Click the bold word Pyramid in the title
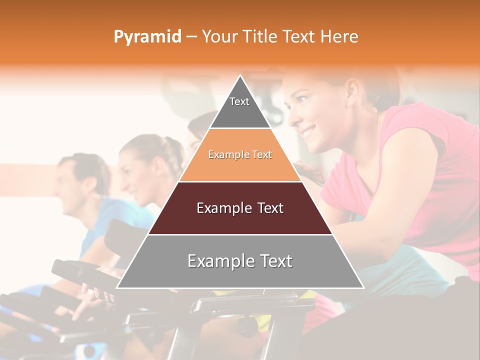pyautogui.click(x=147, y=37)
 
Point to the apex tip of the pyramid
pyautogui.click(x=240, y=76)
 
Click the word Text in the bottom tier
pyautogui.click(x=272, y=261)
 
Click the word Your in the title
pyautogui.click(x=218, y=37)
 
